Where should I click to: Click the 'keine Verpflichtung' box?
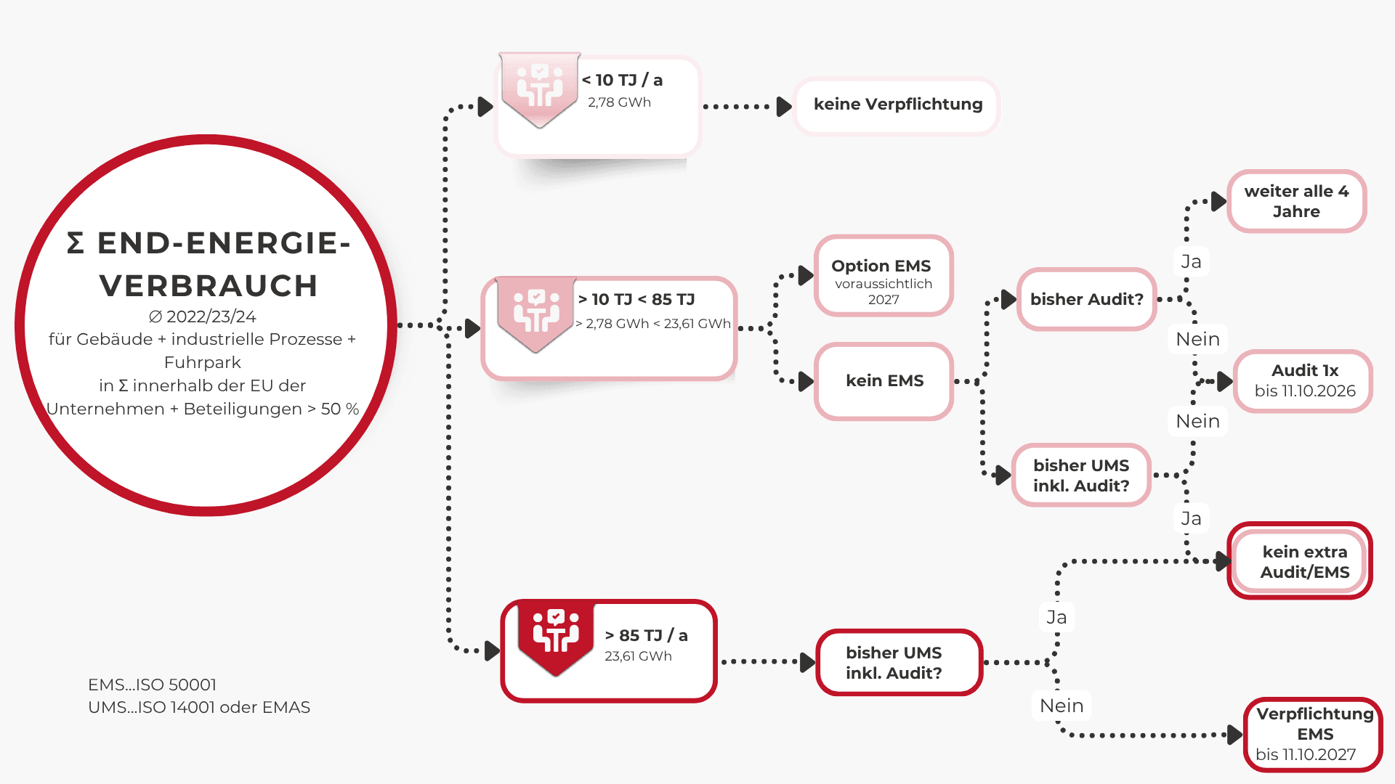pos(897,105)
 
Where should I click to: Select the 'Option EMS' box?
pos(883,276)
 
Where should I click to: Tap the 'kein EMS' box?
pos(884,381)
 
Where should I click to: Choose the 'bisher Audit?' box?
pos(1086,299)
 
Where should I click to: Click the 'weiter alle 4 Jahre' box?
pos(1296,201)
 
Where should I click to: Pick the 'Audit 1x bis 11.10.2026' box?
pos(1304,381)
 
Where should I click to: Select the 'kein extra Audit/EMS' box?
pos(1304,562)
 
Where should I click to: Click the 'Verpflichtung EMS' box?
pos(1314,734)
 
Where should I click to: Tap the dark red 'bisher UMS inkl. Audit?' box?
pos(898,663)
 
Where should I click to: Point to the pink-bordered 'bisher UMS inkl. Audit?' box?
pos(1081,475)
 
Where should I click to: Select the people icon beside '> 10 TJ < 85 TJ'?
pos(536,311)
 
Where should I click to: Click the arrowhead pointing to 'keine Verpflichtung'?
pos(784,107)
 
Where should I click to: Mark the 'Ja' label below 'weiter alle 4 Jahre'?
pos(1191,261)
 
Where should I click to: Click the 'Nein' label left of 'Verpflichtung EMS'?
pos(1062,706)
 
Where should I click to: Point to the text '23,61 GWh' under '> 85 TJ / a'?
pos(638,656)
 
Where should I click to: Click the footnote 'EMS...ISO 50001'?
pos(152,685)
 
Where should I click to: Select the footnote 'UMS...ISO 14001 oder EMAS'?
pos(199,707)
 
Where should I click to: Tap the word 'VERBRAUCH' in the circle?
pos(209,286)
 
